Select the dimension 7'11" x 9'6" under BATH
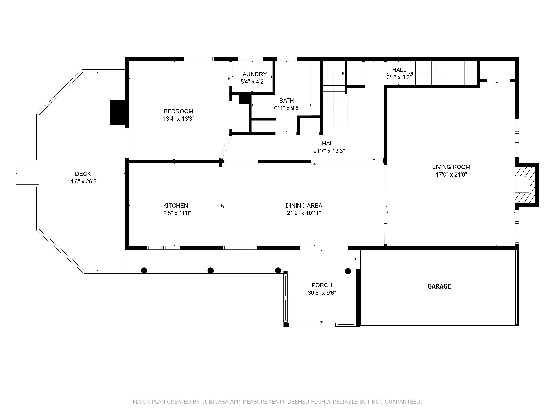287,108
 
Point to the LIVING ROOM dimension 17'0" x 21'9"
451,175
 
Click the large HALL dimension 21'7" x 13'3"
329,151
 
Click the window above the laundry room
251,59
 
